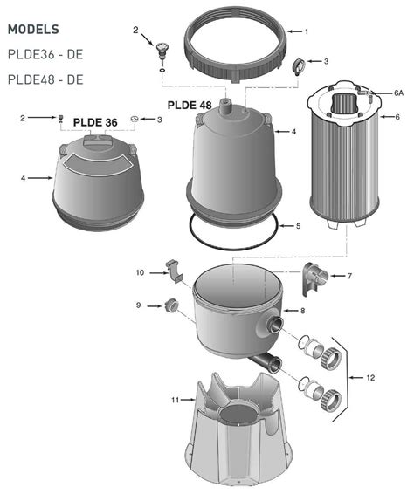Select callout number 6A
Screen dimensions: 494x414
(x=398, y=91)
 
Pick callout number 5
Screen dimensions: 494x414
(x=298, y=225)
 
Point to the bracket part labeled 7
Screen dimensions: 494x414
(x=314, y=277)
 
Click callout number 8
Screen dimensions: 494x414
(x=302, y=310)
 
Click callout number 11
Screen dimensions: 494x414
(x=176, y=399)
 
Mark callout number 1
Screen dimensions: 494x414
(x=305, y=31)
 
